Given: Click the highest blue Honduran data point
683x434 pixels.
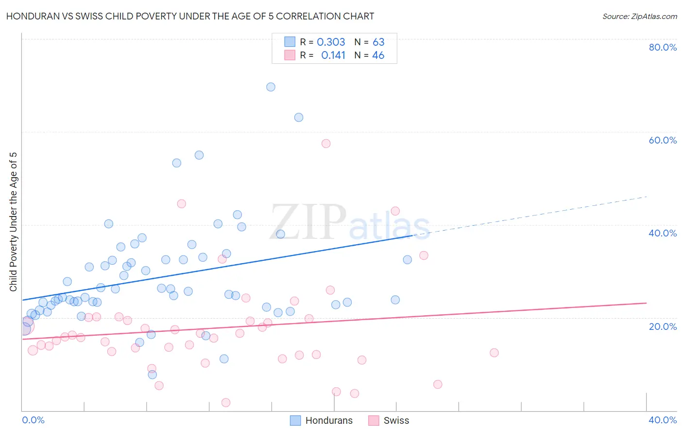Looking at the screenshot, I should (271, 87).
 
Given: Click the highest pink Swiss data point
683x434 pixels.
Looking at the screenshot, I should (326, 144).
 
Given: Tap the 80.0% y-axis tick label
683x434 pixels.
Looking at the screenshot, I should (663, 47).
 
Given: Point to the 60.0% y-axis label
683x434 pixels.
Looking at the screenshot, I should (663, 140).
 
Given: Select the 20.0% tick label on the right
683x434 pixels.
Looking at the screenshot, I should (663, 326).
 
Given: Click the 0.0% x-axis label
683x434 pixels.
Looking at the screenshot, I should (33, 420).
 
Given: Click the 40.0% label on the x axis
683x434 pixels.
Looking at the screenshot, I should (663, 420).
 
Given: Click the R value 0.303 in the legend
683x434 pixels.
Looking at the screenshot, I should (331, 42).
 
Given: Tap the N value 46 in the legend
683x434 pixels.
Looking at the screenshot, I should (378, 55).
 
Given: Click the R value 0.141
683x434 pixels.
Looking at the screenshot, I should (333, 55).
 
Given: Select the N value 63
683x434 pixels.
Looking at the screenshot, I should (378, 42).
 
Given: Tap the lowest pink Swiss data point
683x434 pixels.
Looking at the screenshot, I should (225, 402).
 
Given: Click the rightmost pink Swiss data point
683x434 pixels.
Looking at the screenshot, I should (494, 353).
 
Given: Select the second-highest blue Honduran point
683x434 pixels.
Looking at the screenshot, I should (299, 117).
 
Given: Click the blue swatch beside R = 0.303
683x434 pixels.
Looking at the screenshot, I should (290, 42).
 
